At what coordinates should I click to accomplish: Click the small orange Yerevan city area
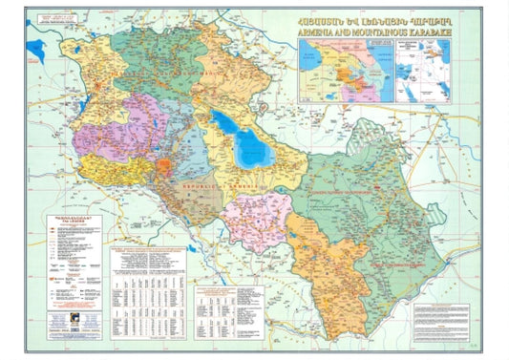(164, 169)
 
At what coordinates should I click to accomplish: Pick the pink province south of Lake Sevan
(258, 220)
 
